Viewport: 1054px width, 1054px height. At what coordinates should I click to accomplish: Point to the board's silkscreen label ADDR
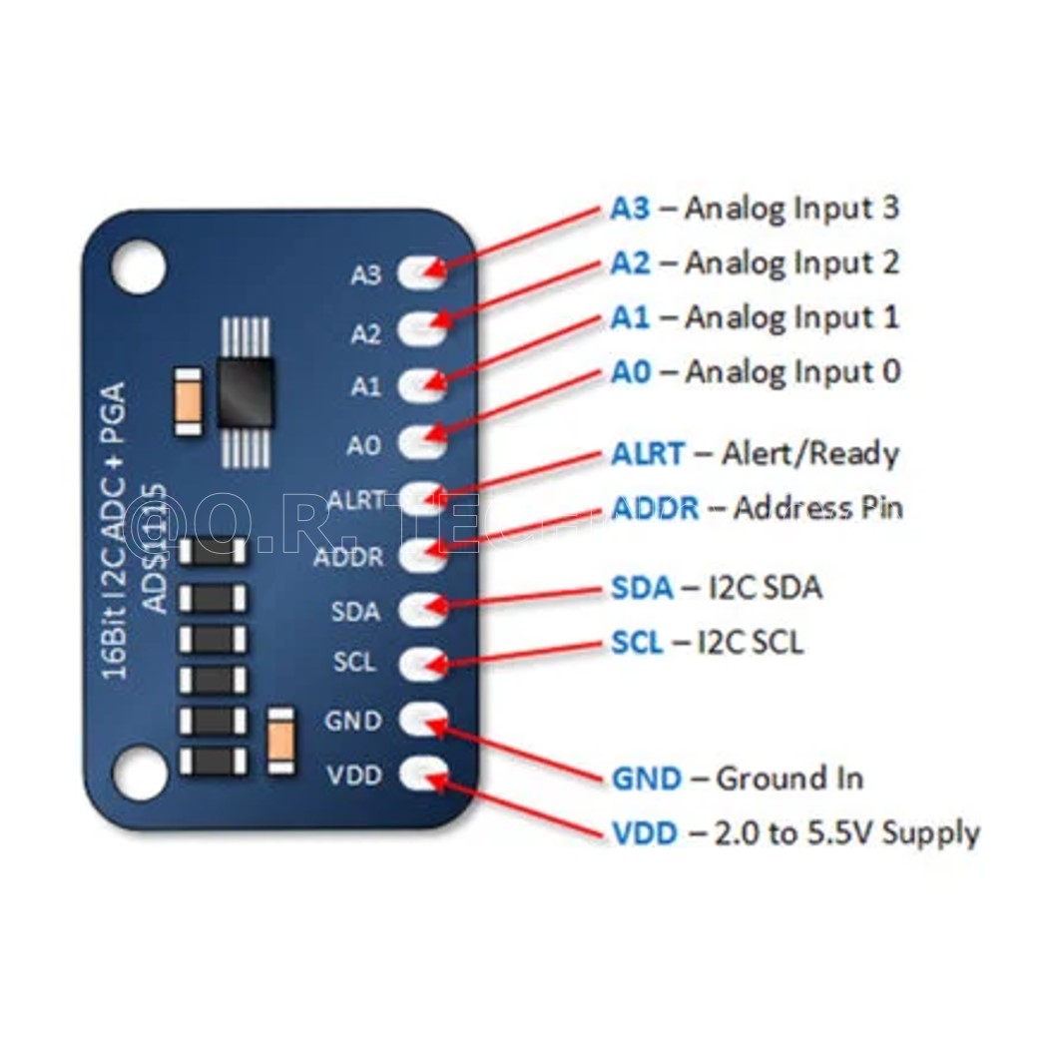[348, 556]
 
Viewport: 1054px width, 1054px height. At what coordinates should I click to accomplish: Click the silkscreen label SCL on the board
[354, 662]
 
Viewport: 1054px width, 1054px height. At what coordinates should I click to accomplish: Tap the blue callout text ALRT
[648, 453]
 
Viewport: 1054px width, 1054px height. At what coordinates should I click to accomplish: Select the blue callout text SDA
[642, 587]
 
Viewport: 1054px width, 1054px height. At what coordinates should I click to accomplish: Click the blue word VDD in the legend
[645, 832]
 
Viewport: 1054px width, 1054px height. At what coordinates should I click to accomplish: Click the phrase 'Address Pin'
[817, 507]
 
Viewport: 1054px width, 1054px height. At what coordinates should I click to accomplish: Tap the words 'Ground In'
[790, 778]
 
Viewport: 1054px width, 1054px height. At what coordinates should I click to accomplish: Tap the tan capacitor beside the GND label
[282, 741]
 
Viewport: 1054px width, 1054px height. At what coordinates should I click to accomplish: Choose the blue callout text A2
[630, 263]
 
